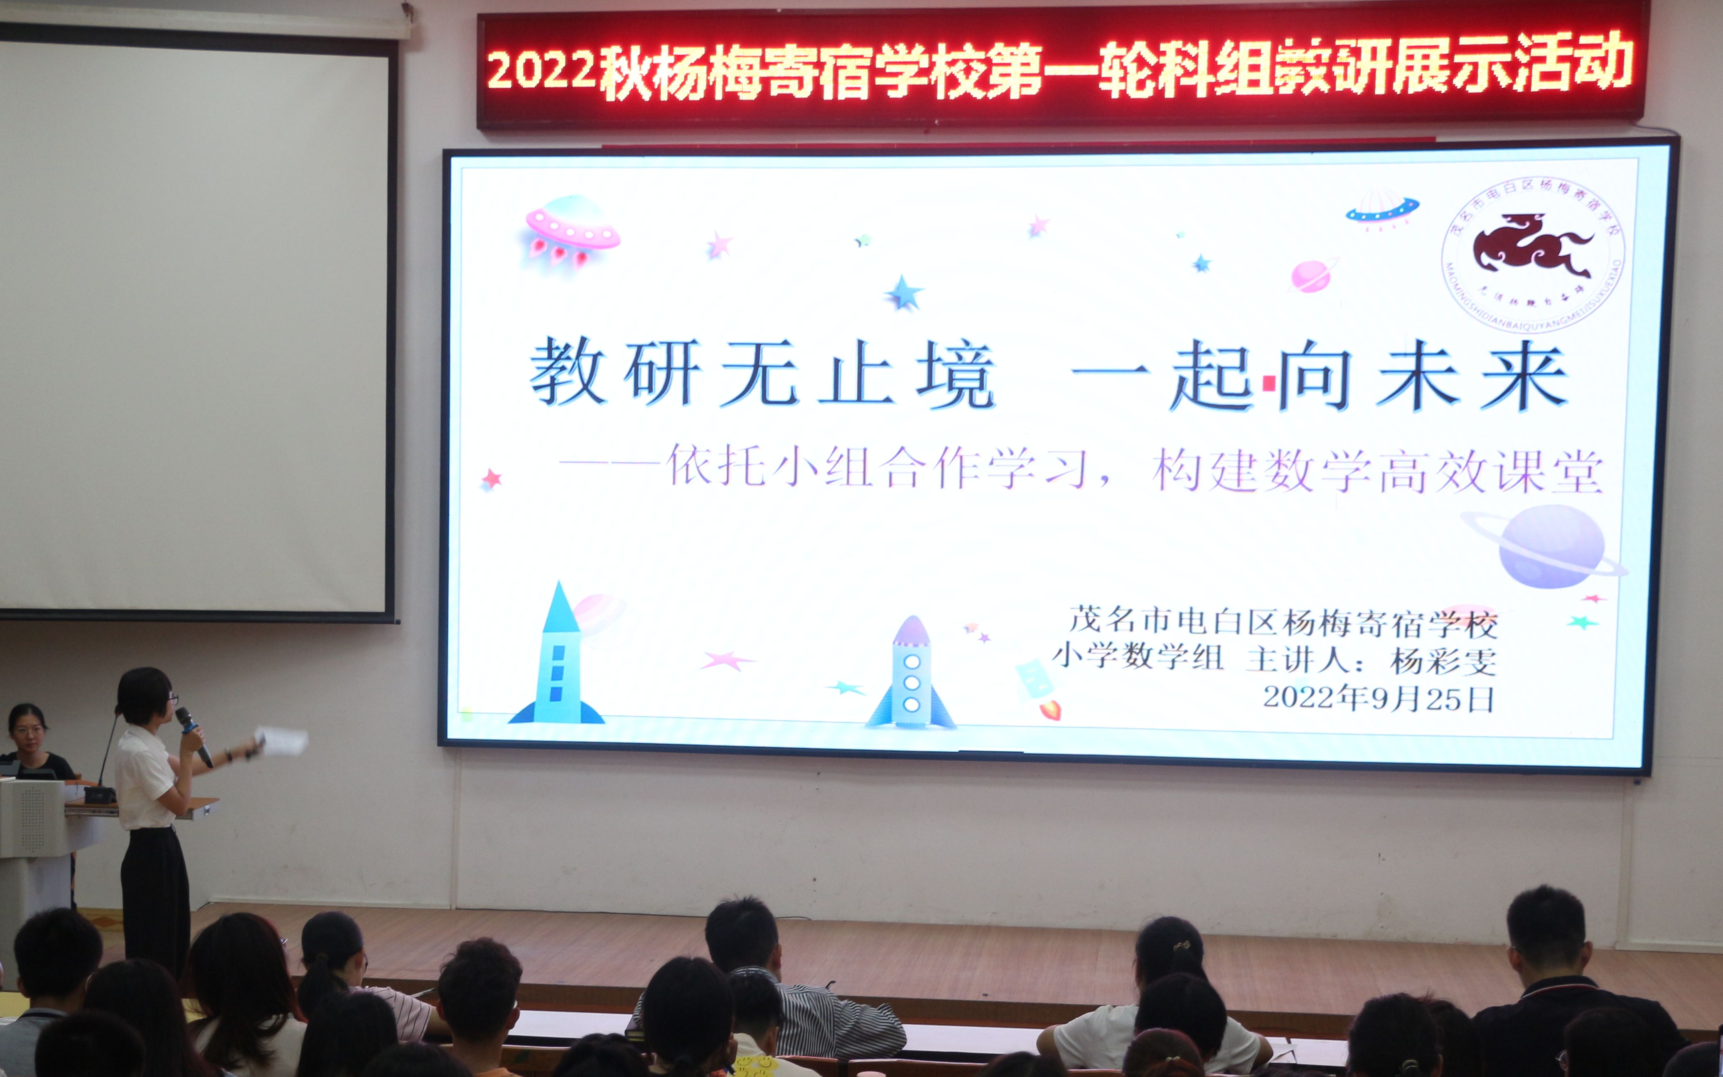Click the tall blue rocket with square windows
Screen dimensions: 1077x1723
pyautogui.click(x=557, y=659)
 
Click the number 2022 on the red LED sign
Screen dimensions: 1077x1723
pyautogui.click(x=541, y=71)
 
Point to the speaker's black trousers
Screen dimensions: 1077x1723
pyautogui.click(x=155, y=901)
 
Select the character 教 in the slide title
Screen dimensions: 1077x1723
pyautogui.click(x=567, y=372)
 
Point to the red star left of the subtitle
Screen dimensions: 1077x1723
pyautogui.click(x=491, y=478)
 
